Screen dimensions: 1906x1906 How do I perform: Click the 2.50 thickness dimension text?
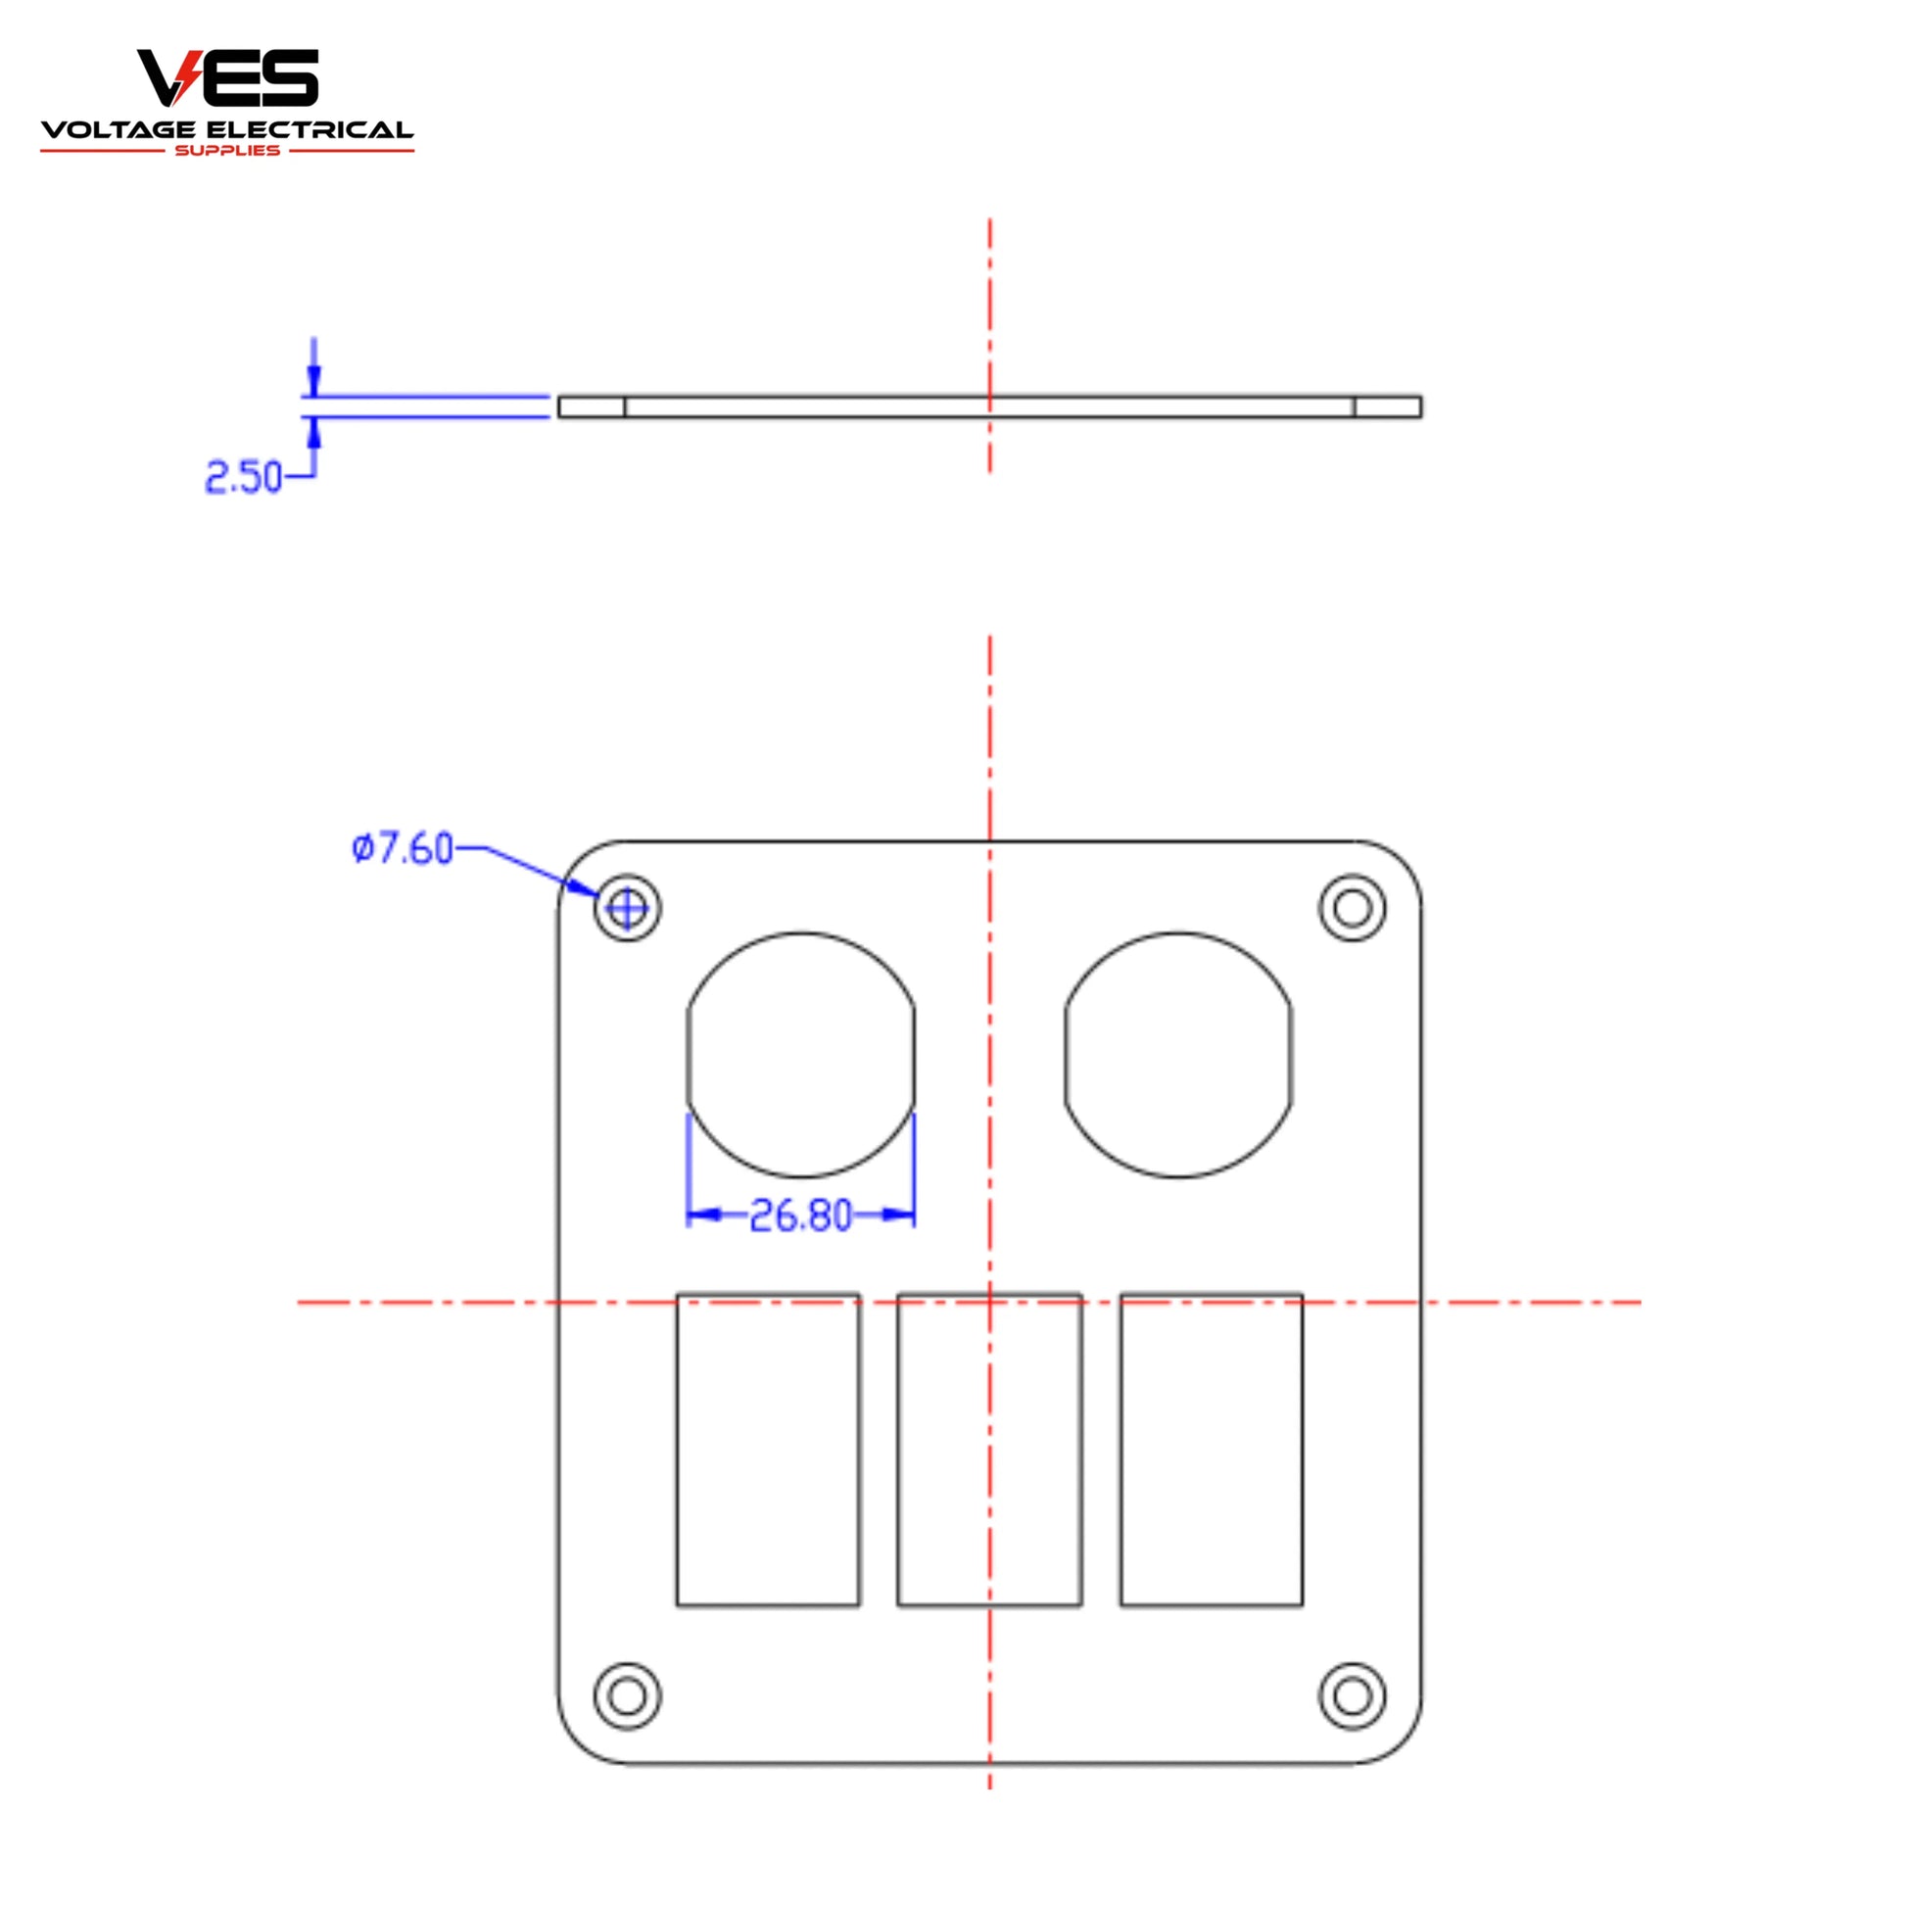tap(244, 478)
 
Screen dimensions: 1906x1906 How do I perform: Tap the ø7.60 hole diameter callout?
tap(403, 848)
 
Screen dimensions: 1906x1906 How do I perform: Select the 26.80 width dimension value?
tap(801, 1215)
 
